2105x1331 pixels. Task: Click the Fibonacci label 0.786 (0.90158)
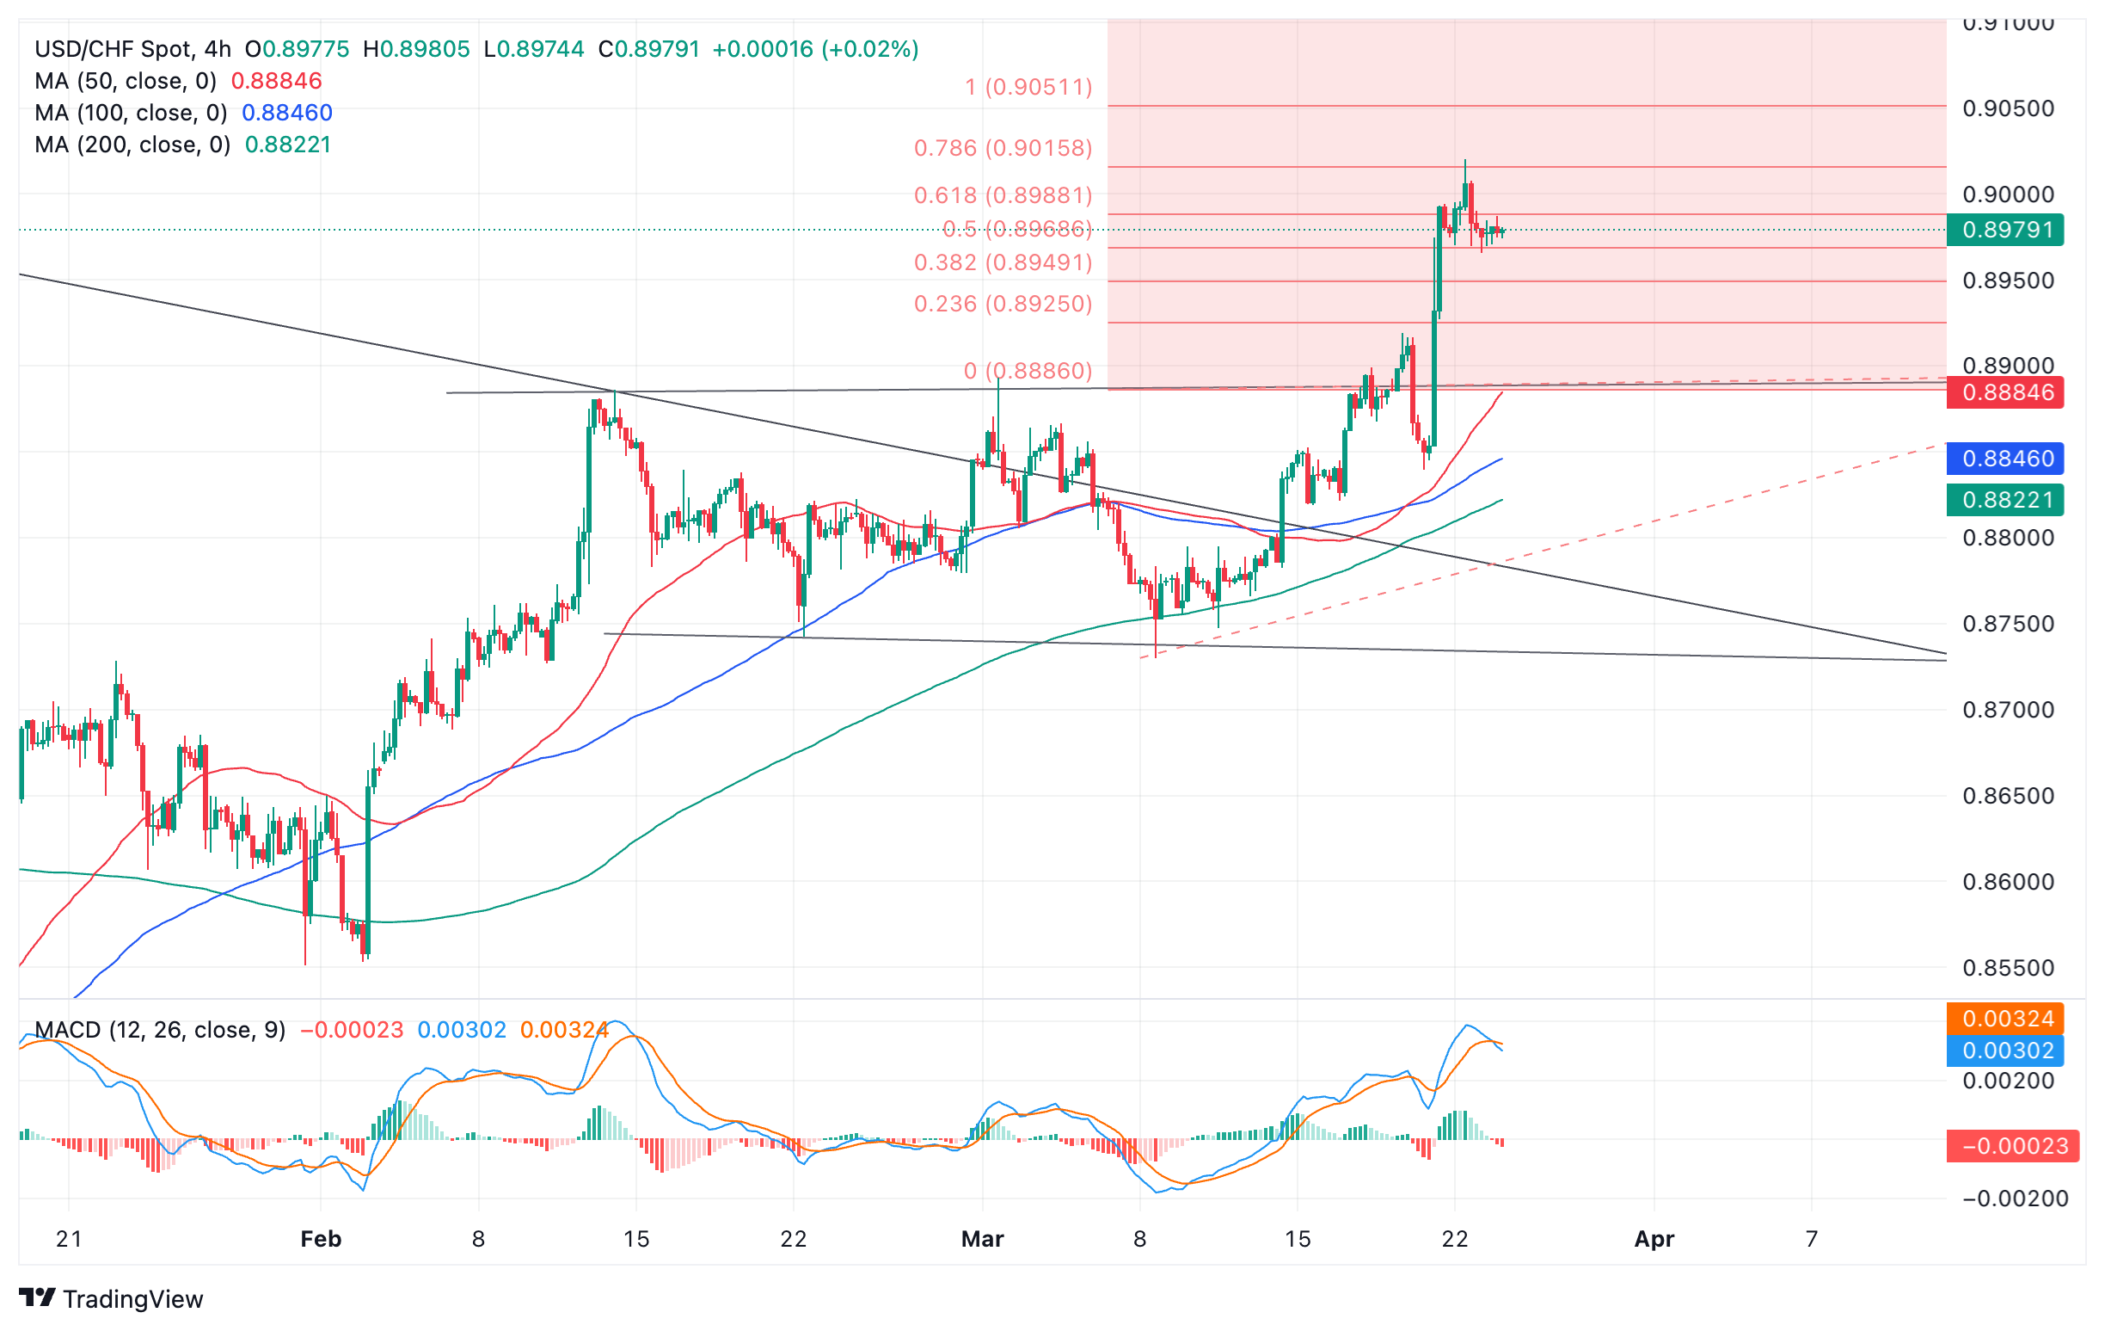pos(1003,148)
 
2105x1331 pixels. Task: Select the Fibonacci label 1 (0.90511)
pos(1028,87)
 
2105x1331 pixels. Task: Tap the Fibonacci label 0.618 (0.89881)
pos(1003,194)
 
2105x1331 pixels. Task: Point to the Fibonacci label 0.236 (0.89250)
pos(1003,304)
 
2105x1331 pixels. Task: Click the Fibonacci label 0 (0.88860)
pos(1028,370)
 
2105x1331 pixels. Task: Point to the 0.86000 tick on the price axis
pos(2007,882)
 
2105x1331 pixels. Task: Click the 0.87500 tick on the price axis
pos(2007,624)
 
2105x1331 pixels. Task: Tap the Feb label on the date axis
pos(320,1238)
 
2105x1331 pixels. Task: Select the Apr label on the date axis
pos(1654,1238)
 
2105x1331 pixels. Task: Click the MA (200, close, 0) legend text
pos(132,145)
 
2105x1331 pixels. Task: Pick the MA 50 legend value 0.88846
pos(276,81)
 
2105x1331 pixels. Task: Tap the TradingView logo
pos(110,1298)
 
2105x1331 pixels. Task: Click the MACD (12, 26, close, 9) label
pos(160,1029)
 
